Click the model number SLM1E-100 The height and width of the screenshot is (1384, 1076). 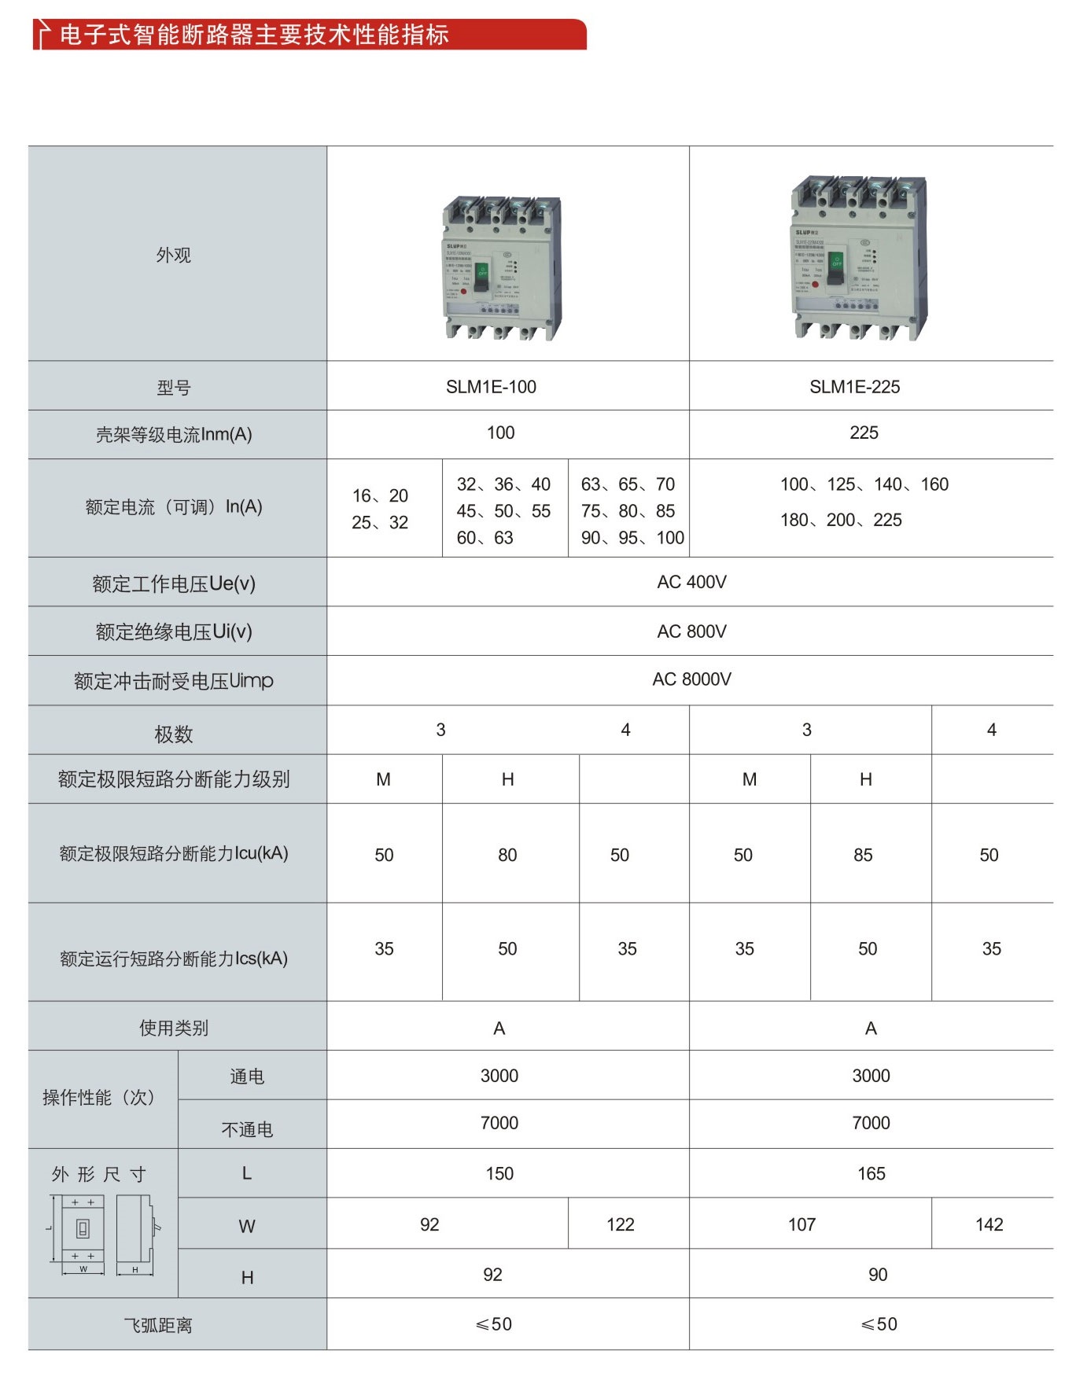point(491,387)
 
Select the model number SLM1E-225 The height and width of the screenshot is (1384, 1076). point(854,387)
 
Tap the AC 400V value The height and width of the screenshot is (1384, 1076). point(691,582)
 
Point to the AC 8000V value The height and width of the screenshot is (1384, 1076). point(691,679)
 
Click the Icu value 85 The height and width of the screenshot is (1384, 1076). point(863,855)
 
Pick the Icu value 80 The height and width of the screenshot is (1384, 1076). point(507,855)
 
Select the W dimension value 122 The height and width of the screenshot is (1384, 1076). point(620,1224)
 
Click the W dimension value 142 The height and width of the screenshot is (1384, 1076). point(989,1224)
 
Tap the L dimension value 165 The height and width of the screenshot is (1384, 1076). point(871,1174)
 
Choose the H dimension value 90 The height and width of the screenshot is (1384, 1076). point(877,1275)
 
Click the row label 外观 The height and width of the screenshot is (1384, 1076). point(173,255)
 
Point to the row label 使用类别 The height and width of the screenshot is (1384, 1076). point(173,1028)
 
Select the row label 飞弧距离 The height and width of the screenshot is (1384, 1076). point(157,1326)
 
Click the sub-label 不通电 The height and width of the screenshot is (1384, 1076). point(247,1130)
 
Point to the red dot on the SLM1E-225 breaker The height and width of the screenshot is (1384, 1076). point(816,285)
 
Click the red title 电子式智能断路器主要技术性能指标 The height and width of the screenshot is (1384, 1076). point(253,35)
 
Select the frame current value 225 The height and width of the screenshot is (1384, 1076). point(864,432)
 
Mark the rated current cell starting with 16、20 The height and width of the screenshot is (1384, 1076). point(380,509)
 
